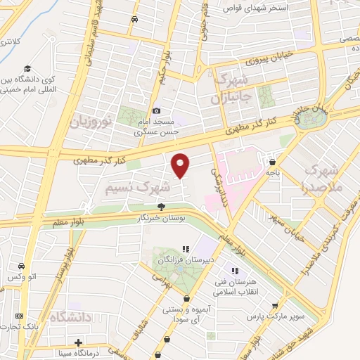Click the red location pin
tap(181, 165)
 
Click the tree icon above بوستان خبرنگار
tap(162, 207)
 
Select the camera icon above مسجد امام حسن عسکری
tap(157, 110)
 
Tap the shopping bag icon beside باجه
tap(272, 162)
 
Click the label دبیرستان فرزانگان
tap(186, 260)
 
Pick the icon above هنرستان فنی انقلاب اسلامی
tap(235, 271)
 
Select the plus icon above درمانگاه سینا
tap(78, 342)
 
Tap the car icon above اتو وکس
tap(22, 266)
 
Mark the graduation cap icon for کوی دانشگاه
tap(27, 69)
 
